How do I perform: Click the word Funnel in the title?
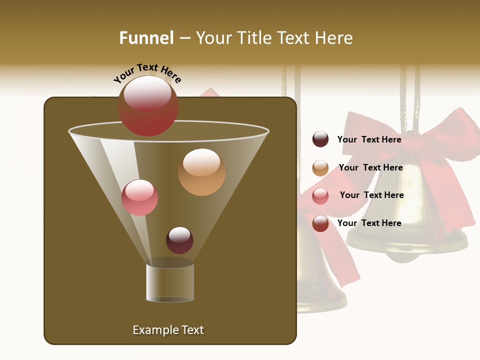(x=146, y=38)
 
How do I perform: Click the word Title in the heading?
(x=254, y=38)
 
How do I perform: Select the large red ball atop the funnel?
(x=148, y=106)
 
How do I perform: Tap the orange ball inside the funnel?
(x=201, y=171)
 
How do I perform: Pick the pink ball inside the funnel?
(x=139, y=197)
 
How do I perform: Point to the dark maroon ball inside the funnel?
(x=179, y=240)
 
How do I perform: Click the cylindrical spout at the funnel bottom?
(x=170, y=282)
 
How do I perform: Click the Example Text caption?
(x=168, y=330)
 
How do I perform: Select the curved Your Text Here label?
(x=147, y=73)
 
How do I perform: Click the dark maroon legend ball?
(x=320, y=139)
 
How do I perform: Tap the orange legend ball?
(x=320, y=168)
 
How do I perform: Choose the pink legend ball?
(x=320, y=195)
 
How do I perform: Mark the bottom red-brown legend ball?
(x=320, y=223)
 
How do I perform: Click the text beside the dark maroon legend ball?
(x=369, y=139)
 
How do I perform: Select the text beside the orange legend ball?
(x=370, y=167)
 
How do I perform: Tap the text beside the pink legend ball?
(x=371, y=195)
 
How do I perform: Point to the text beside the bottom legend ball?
(x=369, y=223)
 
